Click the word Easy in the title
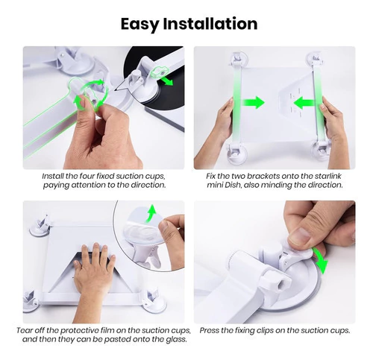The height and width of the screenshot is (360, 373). [x=140, y=25]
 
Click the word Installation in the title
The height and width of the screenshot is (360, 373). [x=210, y=24]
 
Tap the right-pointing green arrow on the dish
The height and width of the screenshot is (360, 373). [x=254, y=102]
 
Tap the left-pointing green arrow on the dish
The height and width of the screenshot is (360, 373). [x=304, y=103]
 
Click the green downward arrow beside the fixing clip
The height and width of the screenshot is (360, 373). [x=322, y=262]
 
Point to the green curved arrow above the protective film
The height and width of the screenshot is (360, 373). [x=151, y=212]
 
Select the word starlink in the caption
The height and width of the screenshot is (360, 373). [x=327, y=176]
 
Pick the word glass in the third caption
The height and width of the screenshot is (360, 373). [x=176, y=339]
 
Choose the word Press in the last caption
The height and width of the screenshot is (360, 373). [x=210, y=330]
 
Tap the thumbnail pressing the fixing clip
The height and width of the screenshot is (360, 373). [x=301, y=236]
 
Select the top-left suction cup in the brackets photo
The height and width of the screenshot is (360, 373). [x=238, y=60]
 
